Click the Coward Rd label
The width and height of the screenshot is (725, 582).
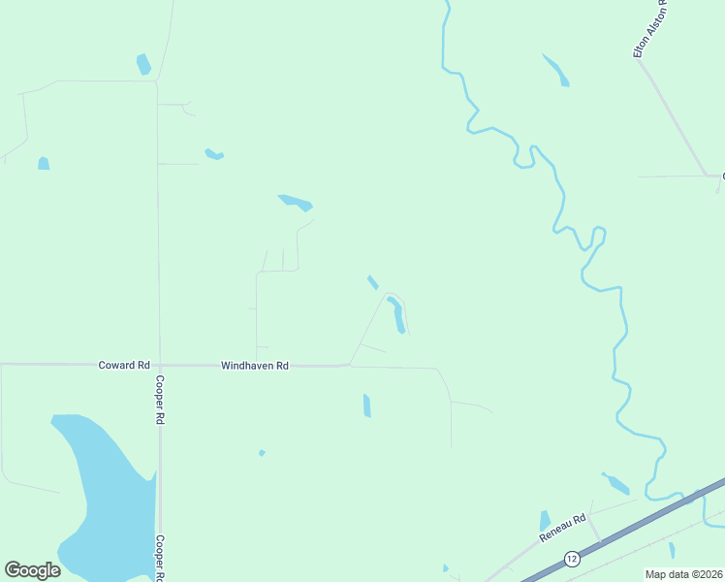click(124, 366)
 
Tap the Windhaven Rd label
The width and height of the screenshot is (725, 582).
click(255, 366)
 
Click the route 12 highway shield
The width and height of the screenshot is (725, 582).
click(572, 559)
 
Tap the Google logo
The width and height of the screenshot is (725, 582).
click(32, 570)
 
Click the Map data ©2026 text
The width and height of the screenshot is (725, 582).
click(684, 574)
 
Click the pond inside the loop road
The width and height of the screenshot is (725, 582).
click(396, 314)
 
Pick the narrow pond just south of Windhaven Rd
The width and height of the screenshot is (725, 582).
click(366, 405)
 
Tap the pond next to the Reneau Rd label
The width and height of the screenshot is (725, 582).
click(545, 521)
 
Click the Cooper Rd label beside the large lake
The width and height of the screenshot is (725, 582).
click(158, 557)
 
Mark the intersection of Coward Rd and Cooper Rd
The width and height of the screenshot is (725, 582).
click(159, 365)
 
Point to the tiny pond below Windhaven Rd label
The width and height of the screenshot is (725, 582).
click(262, 452)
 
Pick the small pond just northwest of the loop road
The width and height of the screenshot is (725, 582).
click(372, 282)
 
